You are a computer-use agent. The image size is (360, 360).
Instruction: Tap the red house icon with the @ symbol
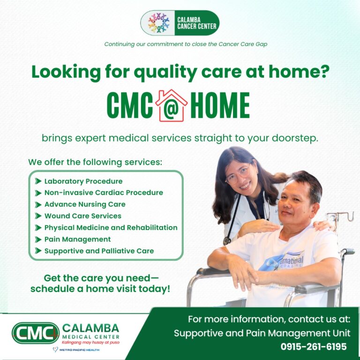coord(172,105)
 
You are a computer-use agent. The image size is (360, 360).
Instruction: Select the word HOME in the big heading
coord(220,105)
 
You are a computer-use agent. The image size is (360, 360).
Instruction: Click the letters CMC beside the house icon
coord(130,105)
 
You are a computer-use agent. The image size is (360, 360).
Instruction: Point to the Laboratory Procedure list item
coord(83,181)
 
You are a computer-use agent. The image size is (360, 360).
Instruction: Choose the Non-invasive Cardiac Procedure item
coord(104,193)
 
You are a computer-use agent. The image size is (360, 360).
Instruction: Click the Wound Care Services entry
coord(82,216)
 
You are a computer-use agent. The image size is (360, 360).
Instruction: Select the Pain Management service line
coord(77,240)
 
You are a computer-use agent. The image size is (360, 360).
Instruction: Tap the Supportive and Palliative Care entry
coord(99,251)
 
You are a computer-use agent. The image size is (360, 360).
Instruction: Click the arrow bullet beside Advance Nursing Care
coord(38,204)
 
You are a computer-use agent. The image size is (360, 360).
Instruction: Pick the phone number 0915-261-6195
coord(314,347)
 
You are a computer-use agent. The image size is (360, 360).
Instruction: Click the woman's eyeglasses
coord(239,174)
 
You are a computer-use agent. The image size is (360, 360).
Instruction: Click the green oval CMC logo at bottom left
coord(35,333)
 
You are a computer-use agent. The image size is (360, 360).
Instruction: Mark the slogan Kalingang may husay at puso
coord(90,342)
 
